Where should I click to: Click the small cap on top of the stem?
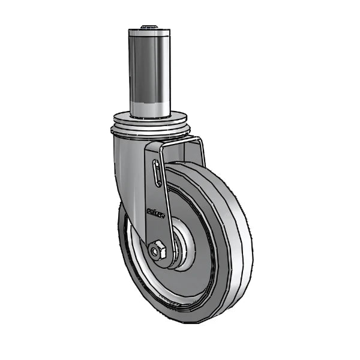pos(148,27)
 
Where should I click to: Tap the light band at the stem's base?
pos(148,108)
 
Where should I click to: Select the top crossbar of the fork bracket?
pos(174,142)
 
